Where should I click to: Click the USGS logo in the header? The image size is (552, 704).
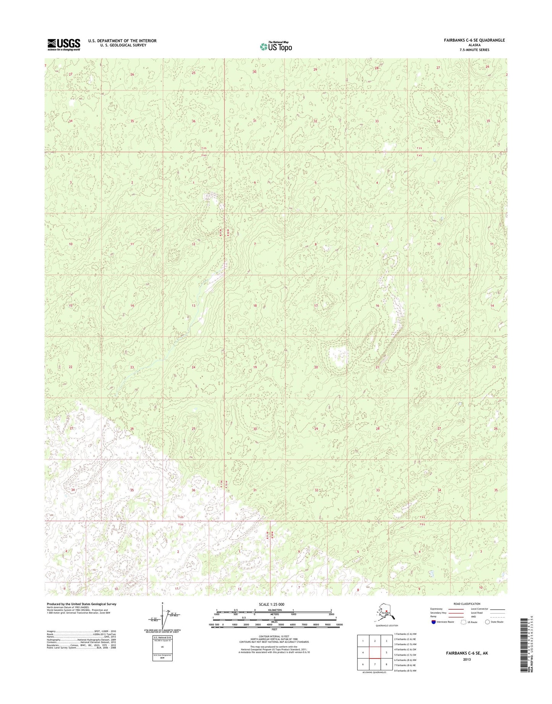coord(64,44)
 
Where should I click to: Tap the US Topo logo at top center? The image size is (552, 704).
coord(276,46)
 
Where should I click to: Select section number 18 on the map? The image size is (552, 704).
coord(255,306)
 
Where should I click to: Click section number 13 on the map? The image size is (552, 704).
coord(194,306)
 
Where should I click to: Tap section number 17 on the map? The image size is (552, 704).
coord(316,306)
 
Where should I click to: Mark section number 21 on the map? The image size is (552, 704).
coord(377,367)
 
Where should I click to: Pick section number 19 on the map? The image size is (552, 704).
coord(255,367)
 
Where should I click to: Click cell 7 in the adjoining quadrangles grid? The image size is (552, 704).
coord(375,664)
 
